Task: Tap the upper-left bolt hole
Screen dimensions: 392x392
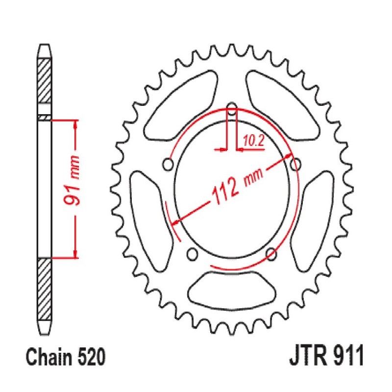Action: (x=169, y=164)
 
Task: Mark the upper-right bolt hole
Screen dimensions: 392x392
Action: (x=295, y=164)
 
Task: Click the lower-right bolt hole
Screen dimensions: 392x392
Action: (x=270, y=253)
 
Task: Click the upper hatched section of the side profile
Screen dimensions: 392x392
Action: (x=45, y=80)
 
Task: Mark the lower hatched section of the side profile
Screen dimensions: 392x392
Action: (x=45, y=289)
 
